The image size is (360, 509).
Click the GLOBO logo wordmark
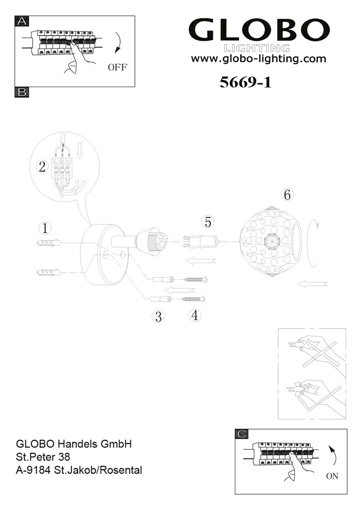click(x=259, y=30)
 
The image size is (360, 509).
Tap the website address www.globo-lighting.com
click(x=258, y=59)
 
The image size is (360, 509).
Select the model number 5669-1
click(x=245, y=82)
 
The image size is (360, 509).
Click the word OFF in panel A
click(x=118, y=67)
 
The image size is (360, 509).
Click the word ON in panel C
click(x=332, y=476)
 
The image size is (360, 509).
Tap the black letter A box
click(x=22, y=21)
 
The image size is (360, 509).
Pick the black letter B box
click(x=22, y=92)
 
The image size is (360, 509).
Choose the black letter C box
click(x=242, y=434)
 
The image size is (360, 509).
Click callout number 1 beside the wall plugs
click(x=45, y=228)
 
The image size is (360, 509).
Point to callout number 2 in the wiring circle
click(x=42, y=167)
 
